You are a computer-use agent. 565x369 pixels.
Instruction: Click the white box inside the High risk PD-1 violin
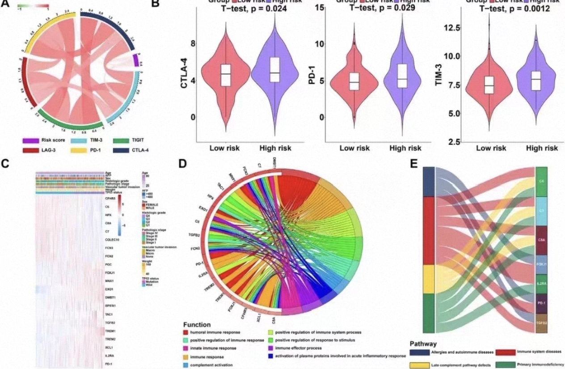point(402,76)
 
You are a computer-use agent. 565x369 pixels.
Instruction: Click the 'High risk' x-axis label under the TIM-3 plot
point(542,148)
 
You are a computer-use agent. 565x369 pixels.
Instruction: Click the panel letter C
point(5,163)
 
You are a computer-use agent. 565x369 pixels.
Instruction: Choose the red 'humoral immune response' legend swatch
point(185,332)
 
